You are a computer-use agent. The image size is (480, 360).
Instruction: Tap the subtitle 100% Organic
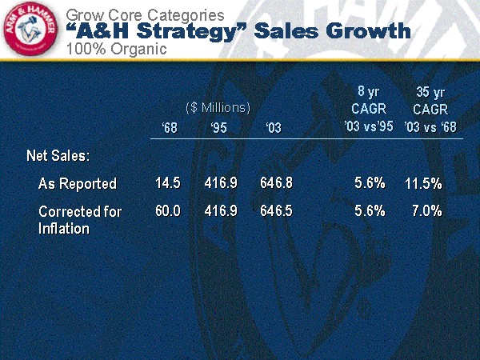(116, 49)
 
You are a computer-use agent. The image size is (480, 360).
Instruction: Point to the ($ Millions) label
(218, 106)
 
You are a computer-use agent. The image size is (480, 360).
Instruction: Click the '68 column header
(170, 127)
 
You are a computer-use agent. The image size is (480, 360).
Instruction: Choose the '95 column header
(218, 127)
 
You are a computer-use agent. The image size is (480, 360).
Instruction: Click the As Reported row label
(78, 183)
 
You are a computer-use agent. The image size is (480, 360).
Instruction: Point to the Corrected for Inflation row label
(79, 219)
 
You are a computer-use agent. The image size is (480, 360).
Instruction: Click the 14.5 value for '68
(168, 183)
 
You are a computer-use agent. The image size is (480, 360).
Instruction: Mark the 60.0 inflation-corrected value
(168, 211)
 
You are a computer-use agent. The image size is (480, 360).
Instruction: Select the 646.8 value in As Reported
(277, 183)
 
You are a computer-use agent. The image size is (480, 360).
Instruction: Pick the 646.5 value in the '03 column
(277, 211)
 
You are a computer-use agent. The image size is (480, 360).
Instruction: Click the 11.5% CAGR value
(423, 183)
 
